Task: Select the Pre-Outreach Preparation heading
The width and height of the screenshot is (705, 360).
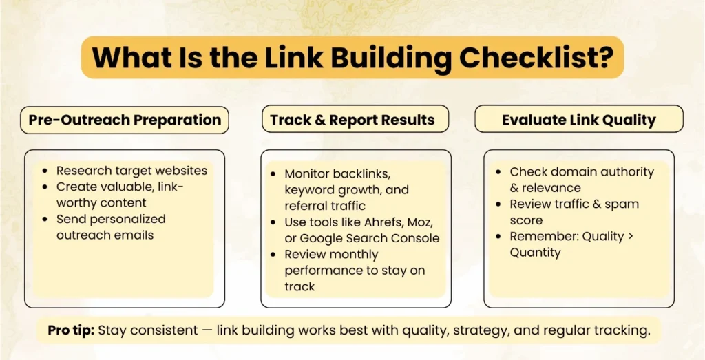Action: point(125,120)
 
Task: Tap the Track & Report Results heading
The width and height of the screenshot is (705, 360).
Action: point(352,120)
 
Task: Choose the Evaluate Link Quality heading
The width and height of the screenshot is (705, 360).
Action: point(579,120)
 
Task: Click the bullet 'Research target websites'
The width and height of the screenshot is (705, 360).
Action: point(131,171)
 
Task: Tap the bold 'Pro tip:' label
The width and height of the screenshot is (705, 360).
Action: point(71,330)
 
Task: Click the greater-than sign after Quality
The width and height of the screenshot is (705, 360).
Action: point(621,236)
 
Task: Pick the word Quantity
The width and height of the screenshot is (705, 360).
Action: point(535,253)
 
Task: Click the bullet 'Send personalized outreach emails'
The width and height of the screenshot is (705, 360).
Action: point(110,227)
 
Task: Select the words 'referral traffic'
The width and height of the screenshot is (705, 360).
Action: point(325,205)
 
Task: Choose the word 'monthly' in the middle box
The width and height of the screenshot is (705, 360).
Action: point(359,255)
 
